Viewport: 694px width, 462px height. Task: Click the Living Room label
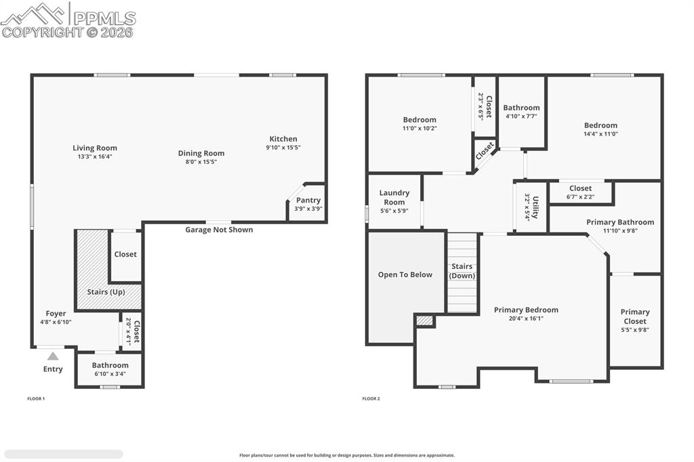pyautogui.click(x=95, y=148)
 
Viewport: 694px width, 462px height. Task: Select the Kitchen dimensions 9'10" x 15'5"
pyautogui.click(x=283, y=147)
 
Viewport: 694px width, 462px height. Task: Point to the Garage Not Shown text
pyautogui.click(x=219, y=230)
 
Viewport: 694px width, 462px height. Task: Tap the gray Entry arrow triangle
pyautogui.click(x=53, y=356)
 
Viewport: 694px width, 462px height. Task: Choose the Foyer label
pyautogui.click(x=56, y=314)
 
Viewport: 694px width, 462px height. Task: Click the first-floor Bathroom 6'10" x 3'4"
pyautogui.click(x=110, y=369)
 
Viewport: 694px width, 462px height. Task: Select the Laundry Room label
pyautogui.click(x=394, y=197)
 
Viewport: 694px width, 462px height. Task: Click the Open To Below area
pyautogui.click(x=405, y=274)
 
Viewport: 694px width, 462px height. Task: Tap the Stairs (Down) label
pyautogui.click(x=462, y=271)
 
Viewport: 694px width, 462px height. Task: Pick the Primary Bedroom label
pyautogui.click(x=526, y=310)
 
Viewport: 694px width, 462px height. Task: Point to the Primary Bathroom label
pyautogui.click(x=620, y=222)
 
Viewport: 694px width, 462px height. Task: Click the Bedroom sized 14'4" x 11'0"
pyautogui.click(x=600, y=129)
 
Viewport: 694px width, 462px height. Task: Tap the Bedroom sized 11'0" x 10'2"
pyautogui.click(x=420, y=123)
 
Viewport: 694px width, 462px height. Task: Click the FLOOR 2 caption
pyautogui.click(x=371, y=398)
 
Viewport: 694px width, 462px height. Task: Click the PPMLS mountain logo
pyautogui.click(x=34, y=14)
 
